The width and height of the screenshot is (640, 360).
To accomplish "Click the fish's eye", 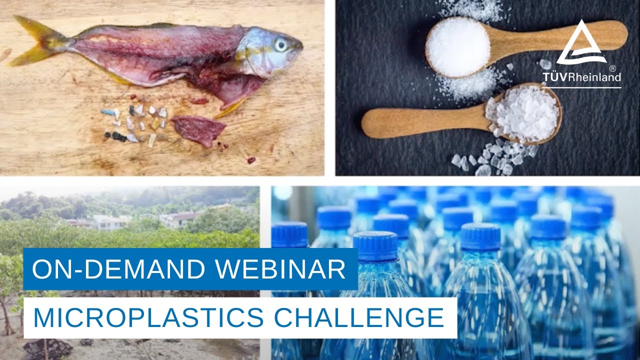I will pos(280,45).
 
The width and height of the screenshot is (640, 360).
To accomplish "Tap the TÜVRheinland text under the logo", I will pos(582,76).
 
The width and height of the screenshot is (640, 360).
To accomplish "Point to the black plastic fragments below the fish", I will pos(115,135).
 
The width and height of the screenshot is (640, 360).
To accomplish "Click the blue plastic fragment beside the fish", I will pos(107,112).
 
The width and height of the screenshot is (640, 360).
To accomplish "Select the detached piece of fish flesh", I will pos(198,129).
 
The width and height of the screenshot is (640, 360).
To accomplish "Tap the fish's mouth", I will pos(300,46).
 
